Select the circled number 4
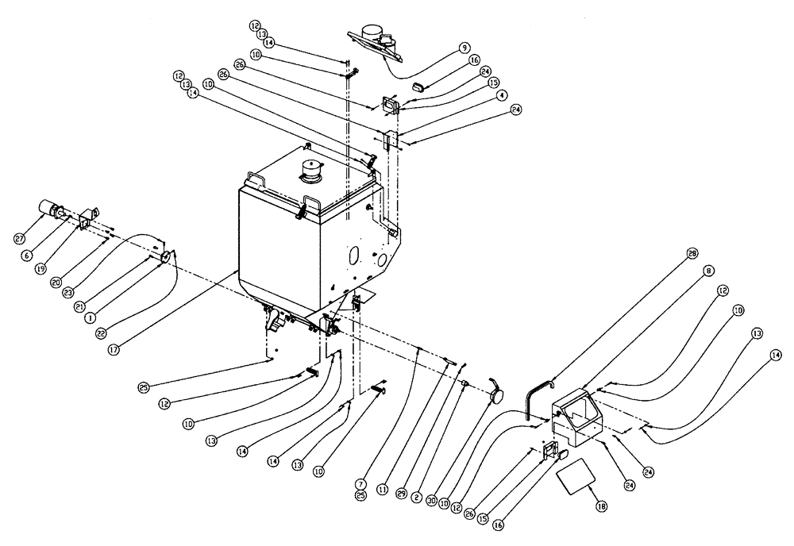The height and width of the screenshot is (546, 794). [x=502, y=94]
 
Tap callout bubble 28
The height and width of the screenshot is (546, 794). [x=692, y=253]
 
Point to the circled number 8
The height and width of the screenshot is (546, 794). [x=706, y=271]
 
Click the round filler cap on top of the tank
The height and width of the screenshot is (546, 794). [x=310, y=171]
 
